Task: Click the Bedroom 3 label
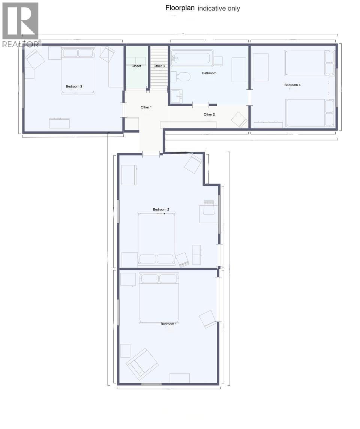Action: (74, 87)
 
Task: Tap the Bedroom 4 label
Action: (292, 85)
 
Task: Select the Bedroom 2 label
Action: (161, 209)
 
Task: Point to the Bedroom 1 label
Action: (169, 324)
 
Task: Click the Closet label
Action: (136, 66)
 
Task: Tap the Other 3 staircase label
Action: (159, 66)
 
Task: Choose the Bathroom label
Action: (209, 73)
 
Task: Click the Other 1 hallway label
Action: (146, 107)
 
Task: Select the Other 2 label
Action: (209, 114)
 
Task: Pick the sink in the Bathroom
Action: (176, 96)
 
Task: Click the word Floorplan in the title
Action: (180, 8)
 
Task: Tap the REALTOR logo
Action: (20, 25)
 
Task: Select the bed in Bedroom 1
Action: (159, 298)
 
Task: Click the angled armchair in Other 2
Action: (239, 120)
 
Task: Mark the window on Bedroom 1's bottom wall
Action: (151, 384)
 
